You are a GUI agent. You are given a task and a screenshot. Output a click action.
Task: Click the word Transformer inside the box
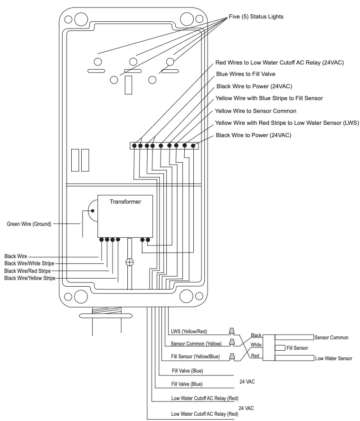click(x=125, y=201)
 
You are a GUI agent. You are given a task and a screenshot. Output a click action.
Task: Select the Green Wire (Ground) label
click(x=28, y=223)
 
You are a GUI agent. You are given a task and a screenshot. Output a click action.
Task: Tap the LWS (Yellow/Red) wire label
click(x=188, y=331)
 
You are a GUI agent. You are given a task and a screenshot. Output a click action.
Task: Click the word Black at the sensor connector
click(x=256, y=335)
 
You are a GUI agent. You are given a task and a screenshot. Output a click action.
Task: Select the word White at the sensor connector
click(x=256, y=345)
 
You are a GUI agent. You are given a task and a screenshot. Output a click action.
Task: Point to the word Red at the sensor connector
click(x=255, y=356)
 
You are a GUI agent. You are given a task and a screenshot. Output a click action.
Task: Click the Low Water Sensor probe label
click(x=333, y=358)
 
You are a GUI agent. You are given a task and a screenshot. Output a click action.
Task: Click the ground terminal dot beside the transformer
click(x=92, y=210)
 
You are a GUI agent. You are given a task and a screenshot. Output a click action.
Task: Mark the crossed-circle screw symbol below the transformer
click(x=128, y=262)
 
